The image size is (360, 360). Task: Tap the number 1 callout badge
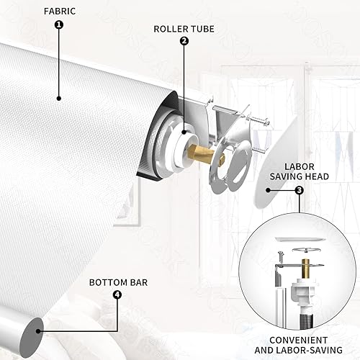[59, 24]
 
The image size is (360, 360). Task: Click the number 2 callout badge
[184, 41]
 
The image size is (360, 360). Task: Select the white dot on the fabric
[58, 97]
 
